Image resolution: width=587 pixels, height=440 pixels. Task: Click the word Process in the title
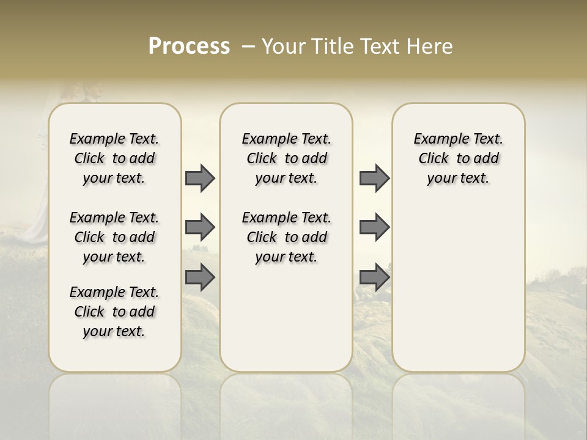pyautogui.click(x=189, y=46)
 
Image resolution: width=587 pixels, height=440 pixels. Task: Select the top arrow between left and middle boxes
pyautogui.click(x=200, y=178)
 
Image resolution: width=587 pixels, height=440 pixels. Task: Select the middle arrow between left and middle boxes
pyautogui.click(x=200, y=227)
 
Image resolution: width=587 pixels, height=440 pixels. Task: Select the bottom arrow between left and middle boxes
pyautogui.click(x=200, y=277)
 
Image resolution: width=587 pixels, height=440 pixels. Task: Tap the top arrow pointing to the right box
pyautogui.click(x=374, y=178)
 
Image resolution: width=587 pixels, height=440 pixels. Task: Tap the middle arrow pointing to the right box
pyautogui.click(x=374, y=227)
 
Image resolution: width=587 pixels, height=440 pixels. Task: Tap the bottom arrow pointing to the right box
pyautogui.click(x=374, y=277)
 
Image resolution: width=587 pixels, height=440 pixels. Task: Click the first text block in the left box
pyautogui.click(x=114, y=158)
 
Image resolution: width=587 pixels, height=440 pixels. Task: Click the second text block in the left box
pyautogui.click(x=114, y=237)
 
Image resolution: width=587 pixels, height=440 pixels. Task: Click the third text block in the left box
pyautogui.click(x=114, y=312)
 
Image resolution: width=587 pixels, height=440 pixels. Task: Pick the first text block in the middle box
pyautogui.click(x=286, y=158)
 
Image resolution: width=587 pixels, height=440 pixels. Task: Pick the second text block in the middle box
pyautogui.click(x=286, y=237)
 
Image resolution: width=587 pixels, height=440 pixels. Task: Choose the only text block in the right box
pyautogui.click(x=459, y=158)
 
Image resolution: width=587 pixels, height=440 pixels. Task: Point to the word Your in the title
pyautogui.click(x=284, y=46)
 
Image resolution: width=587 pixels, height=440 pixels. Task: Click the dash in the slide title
pyautogui.click(x=248, y=46)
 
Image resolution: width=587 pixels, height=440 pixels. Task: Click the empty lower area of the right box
pyautogui.click(x=459, y=293)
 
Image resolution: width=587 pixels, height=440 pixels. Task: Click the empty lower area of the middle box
pyautogui.click(x=286, y=318)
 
